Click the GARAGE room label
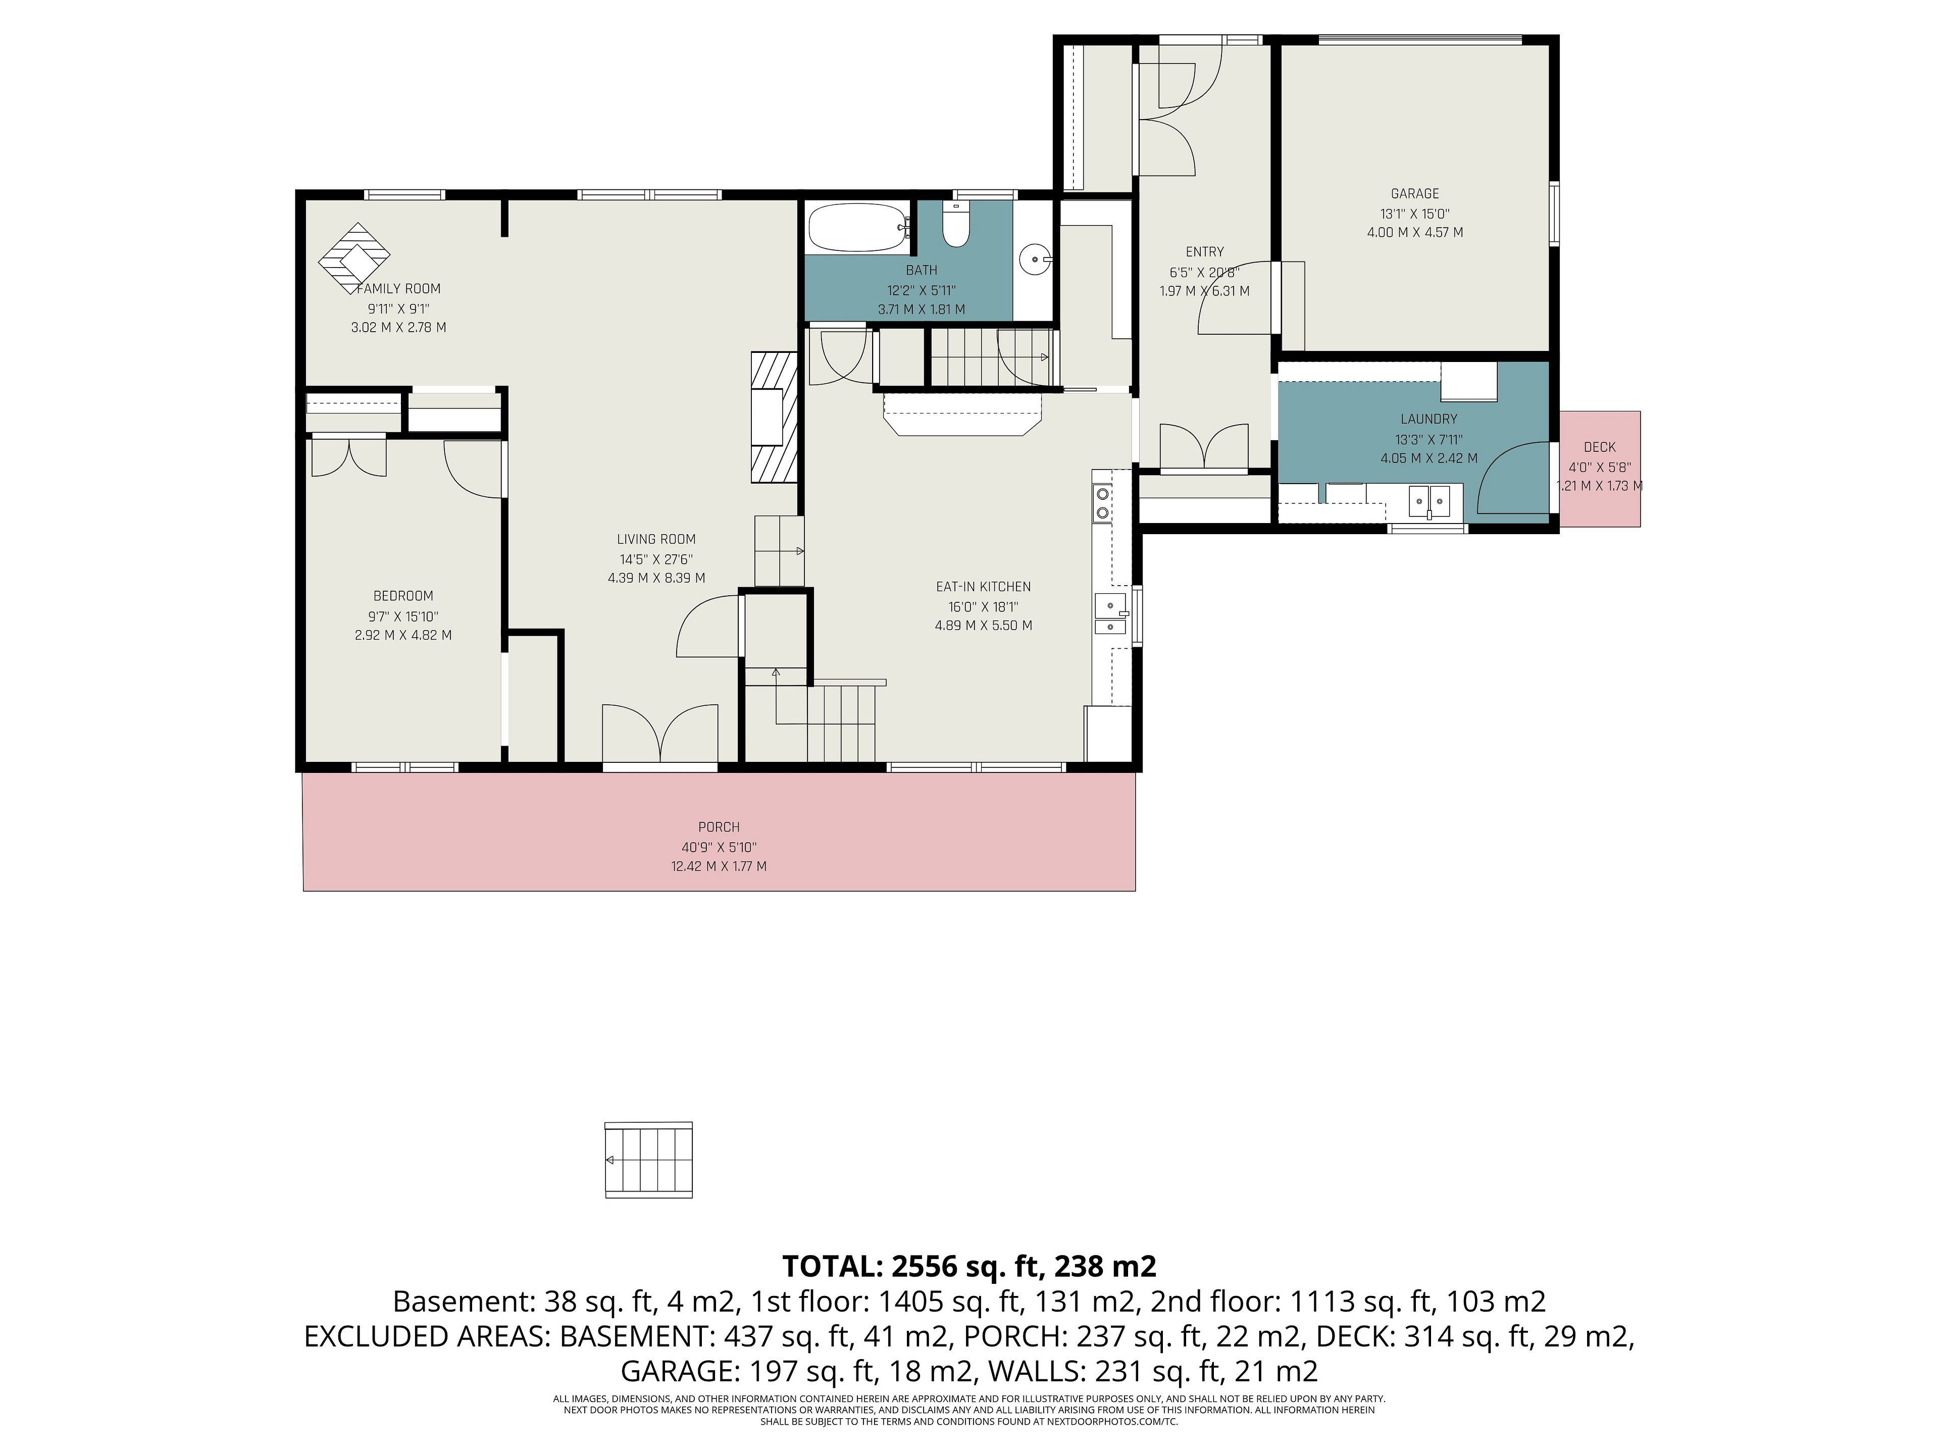point(1415,194)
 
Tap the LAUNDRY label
point(1429,419)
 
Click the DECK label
point(1600,447)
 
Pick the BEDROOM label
point(403,596)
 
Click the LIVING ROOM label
point(656,540)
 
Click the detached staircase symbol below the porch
point(649,1160)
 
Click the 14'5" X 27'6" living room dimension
point(656,559)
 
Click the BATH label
point(922,271)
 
